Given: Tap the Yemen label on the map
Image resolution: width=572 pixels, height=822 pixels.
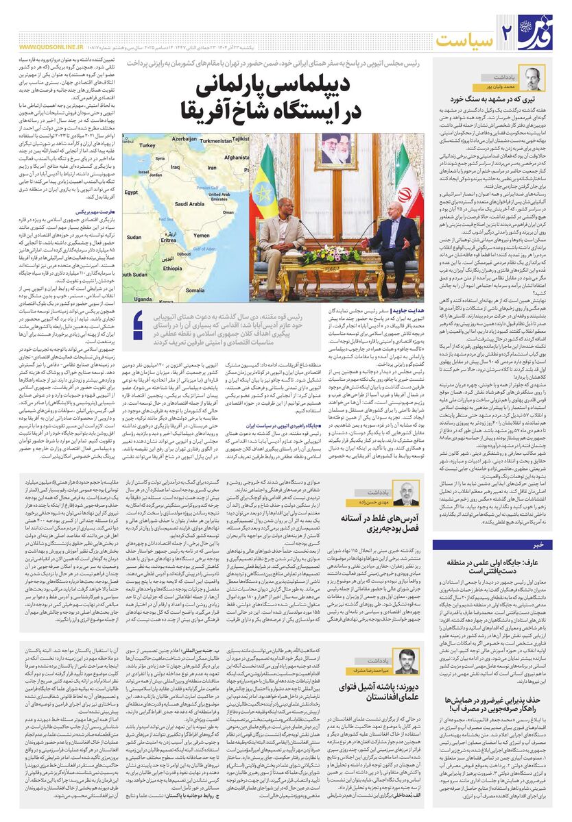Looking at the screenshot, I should point(202,236).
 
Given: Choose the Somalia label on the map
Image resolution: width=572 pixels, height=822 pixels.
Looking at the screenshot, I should point(204,280).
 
